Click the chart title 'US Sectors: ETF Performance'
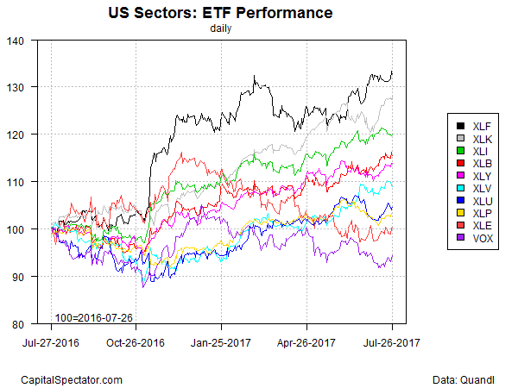pos(221,14)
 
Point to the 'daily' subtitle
pos(221,28)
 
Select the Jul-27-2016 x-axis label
pos(51,341)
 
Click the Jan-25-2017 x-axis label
pos(222,341)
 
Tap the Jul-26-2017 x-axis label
pos(393,341)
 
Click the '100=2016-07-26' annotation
pos(93,317)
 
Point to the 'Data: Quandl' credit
pos(463,379)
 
